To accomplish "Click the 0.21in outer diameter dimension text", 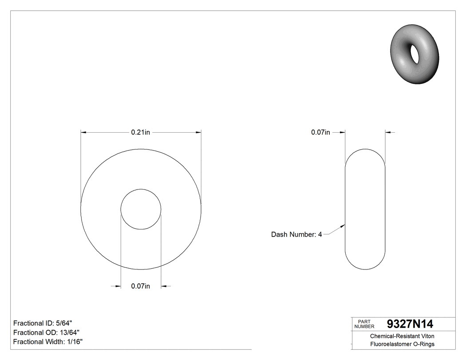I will pos(140,132).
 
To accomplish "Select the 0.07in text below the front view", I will pos(140,286).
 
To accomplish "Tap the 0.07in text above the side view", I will pos(320,132).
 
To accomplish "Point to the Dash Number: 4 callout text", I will pos(296,234).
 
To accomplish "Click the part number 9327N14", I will pos(410,324).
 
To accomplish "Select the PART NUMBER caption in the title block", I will pos(364,324).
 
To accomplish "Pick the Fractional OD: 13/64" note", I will pos(46,332).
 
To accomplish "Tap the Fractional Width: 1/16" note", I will pos(48,342).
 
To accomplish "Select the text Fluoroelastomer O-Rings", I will pos(403,344).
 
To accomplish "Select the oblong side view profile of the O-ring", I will pos(365,209).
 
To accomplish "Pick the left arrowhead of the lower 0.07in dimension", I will pos(118,286).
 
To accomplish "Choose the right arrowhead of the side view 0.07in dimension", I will pos(387,132).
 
